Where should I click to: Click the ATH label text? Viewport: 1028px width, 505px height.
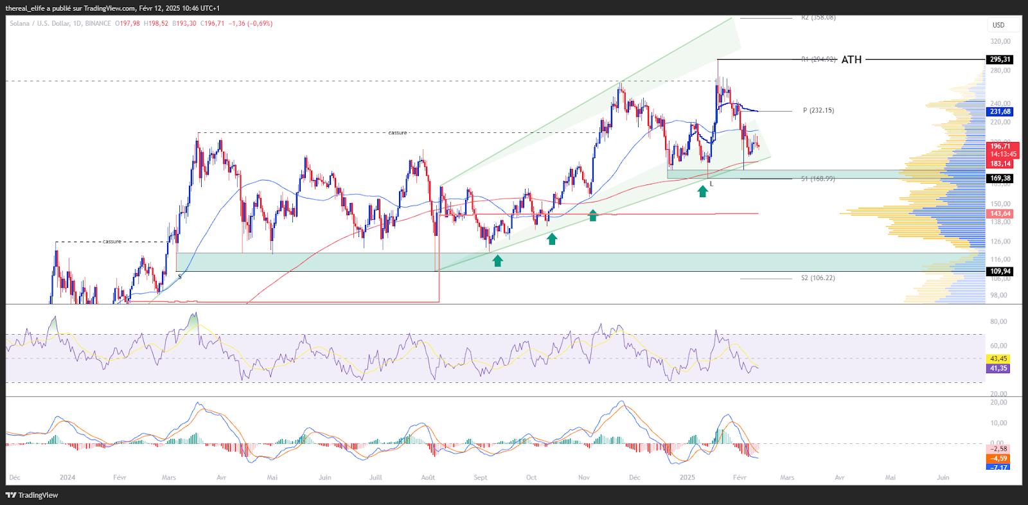coord(851,60)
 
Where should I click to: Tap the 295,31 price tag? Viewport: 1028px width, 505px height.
coord(1000,59)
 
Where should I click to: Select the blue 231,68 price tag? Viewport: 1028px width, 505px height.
coord(1000,112)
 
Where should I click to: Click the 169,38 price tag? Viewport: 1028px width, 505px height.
coord(1000,178)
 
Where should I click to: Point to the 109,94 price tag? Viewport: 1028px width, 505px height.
coord(1000,271)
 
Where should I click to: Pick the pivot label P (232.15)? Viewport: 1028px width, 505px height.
coord(819,111)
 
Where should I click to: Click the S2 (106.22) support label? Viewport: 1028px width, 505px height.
coord(818,278)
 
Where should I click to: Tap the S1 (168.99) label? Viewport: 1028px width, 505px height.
coord(818,179)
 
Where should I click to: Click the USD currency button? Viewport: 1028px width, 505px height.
coord(998,25)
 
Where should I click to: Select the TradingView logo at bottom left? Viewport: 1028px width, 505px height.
coord(32,495)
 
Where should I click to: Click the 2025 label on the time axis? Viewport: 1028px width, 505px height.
coord(687,477)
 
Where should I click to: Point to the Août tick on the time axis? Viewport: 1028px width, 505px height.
coord(428,477)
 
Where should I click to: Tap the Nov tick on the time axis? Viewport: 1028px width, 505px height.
coord(584,477)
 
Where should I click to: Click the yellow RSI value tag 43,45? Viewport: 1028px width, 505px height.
coord(998,359)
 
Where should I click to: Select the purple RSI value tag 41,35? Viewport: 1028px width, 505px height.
coord(998,368)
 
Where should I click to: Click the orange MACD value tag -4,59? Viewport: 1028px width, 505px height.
coord(998,459)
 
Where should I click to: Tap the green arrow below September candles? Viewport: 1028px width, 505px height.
coord(497,260)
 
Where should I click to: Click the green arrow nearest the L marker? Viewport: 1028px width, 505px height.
coord(703,191)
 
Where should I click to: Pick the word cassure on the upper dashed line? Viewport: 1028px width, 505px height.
coord(398,133)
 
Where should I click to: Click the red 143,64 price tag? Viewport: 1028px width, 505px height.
coord(1000,213)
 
